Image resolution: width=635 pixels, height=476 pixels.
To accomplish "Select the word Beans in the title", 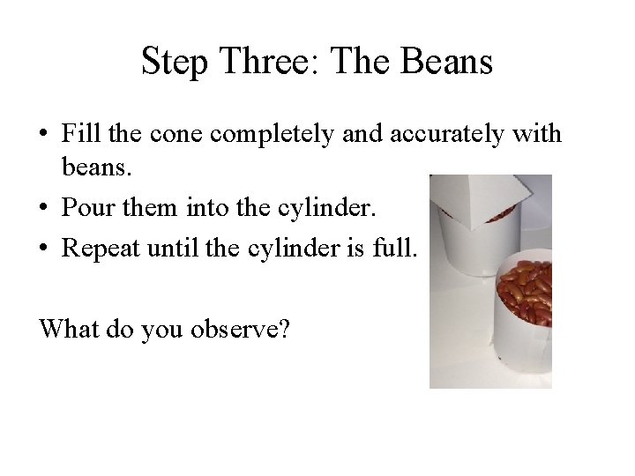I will (446, 63).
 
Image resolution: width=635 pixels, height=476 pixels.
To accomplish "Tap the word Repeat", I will (100, 248).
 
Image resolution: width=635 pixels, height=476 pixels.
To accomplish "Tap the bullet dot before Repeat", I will (44, 248).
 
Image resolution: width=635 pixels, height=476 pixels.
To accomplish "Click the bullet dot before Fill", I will (44, 134).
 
